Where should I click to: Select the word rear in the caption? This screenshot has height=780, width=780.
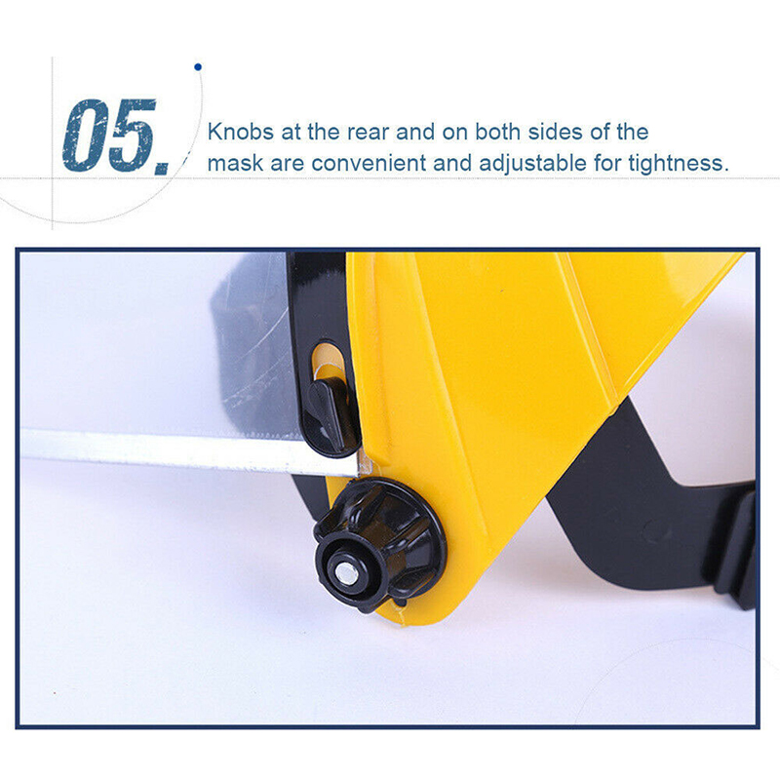[369, 133]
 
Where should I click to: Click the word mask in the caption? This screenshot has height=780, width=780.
[235, 163]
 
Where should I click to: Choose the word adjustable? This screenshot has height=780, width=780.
[532, 163]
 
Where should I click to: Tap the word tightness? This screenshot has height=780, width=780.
[679, 164]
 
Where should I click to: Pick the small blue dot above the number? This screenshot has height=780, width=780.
[198, 66]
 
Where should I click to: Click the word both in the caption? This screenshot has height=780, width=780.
[498, 132]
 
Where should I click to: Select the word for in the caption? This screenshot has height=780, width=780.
[607, 163]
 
